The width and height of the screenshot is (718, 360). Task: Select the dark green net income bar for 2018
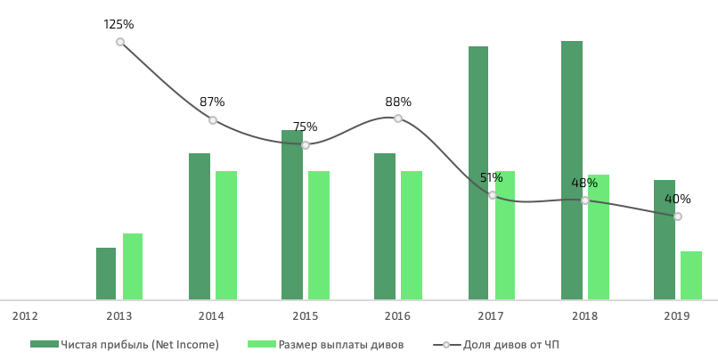point(571,170)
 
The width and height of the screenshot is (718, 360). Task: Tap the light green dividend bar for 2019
point(690,275)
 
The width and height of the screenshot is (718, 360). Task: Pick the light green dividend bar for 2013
point(133,266)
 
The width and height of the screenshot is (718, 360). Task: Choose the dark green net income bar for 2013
point(106,274)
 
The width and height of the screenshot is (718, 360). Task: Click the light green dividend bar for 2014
point(226,235)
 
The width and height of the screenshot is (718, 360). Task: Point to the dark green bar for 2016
point(385,226)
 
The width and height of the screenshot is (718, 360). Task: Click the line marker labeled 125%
point(120,42)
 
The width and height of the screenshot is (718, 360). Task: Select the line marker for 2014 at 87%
point(213,120)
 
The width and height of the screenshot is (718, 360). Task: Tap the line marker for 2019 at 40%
point(678,217)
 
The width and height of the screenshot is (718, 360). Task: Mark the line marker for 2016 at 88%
point(398,119)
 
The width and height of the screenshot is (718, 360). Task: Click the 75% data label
point(305,127)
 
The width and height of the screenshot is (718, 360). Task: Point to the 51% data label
point(492,178)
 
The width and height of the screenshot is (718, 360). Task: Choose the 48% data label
point(584,184)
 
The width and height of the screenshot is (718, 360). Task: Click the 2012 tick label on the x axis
point(25,316)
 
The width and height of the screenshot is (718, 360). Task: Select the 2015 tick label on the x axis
point(305,316)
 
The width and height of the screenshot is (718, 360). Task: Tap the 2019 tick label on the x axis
point(677,316)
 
